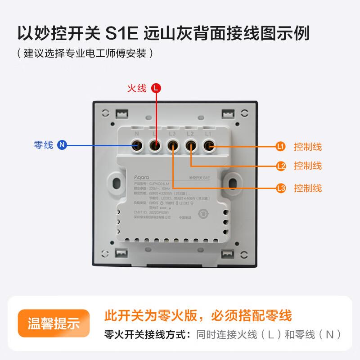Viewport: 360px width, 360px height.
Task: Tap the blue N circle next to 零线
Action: click(62, 145)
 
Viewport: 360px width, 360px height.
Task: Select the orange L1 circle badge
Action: click(281, 147)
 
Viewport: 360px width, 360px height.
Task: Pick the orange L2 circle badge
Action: click(281, 166)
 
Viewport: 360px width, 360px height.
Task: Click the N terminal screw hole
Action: click(136, 145)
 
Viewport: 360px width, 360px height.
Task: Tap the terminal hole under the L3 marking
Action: click(172, 145)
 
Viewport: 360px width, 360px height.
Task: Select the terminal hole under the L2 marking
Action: click(191, 145)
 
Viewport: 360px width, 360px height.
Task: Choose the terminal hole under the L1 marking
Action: click(209, 145)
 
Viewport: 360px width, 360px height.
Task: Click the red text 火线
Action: click(138, 89)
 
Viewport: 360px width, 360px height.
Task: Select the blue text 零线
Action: click(44, 145)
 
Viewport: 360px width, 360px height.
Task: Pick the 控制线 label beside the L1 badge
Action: click(308, 147)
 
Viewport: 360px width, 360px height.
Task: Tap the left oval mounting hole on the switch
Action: click(117, 183)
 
